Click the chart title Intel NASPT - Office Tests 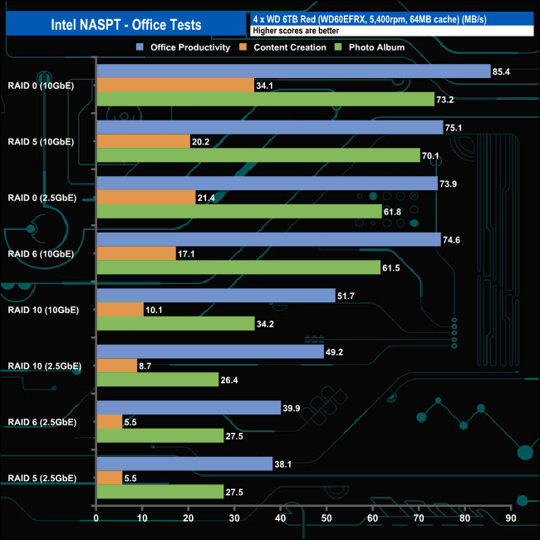(125, 24)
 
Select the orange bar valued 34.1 (175, 86)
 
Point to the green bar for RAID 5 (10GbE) (258, 155)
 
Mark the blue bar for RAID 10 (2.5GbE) (210, 351)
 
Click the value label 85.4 (502, 71)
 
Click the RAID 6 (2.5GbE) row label (42, 422)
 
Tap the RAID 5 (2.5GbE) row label (42, 478)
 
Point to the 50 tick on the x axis (326, 519)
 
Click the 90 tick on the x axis (511, 519)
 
